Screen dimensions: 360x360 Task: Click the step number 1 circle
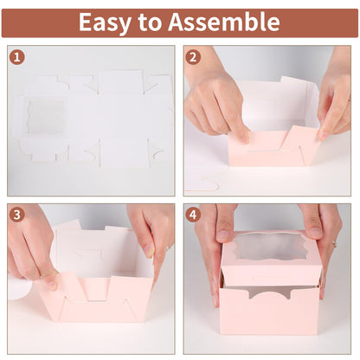(17, 58)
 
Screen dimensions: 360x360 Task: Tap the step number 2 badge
(194, 58)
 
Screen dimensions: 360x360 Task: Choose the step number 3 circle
(17, 214)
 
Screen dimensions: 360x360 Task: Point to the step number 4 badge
(194, 214)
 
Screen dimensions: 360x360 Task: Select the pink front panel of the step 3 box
(95, 307)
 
